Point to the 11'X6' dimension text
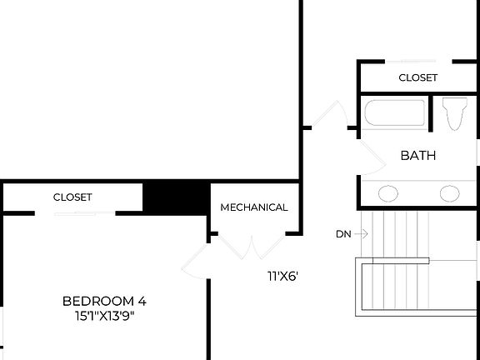pos(282,276)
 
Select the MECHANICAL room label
pos(254,207)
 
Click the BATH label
pos(418,156)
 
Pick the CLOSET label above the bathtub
pos(418,77)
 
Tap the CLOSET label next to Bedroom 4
pos(72,197)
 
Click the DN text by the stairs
pos(343,234)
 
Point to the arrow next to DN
pos(361,234)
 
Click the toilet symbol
pos(454,114)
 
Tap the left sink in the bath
pos(388,193)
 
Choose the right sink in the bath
pos(450,193)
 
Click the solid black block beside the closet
pos(176,197)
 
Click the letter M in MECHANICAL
pos(225,207)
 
